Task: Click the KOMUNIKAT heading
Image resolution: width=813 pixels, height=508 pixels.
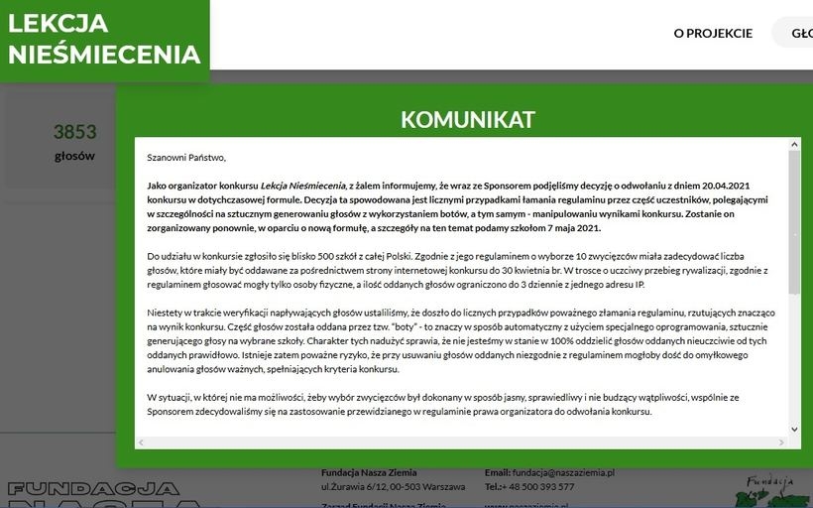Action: [x=467, y=120]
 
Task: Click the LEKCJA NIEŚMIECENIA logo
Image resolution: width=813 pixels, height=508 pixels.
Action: [x=104, y=39]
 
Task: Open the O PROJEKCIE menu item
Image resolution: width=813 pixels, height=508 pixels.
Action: [x=713, y=33]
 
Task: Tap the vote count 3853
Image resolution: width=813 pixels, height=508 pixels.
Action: [x=75, y=132]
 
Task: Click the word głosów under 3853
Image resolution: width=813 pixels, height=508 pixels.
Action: [x=75, y=156]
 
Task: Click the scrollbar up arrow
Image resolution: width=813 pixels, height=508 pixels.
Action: [x=794, y=145]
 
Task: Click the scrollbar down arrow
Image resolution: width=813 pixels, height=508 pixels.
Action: [x=794, y=429]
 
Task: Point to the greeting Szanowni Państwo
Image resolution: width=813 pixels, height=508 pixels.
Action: [x=186, y=157]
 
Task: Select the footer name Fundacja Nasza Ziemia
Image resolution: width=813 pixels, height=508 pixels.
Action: [x=369, y=473]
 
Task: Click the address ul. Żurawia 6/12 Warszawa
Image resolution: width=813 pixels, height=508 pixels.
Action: [x=393, y=487]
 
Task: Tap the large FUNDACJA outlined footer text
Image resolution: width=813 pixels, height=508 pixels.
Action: [x=94, y=488]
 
